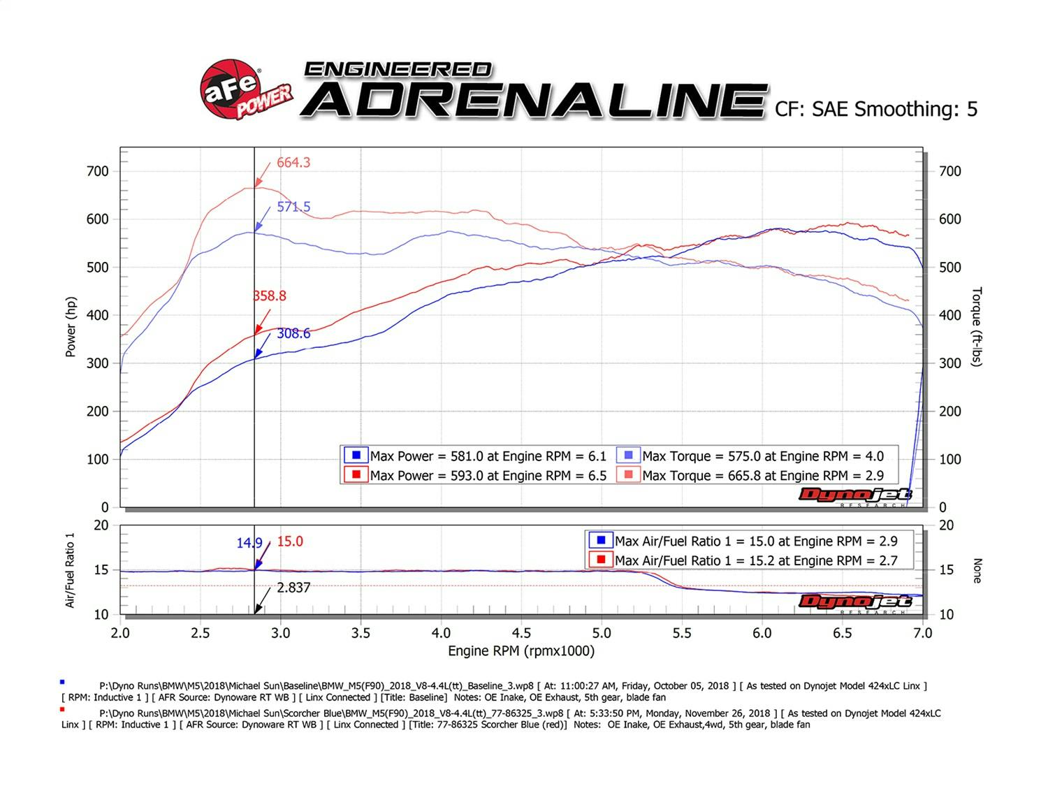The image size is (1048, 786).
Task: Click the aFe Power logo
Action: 245,91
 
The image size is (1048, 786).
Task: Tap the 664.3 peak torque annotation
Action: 293,163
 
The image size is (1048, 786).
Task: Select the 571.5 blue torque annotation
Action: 293,207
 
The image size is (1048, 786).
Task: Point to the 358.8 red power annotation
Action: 270,296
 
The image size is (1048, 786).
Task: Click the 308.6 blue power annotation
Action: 293,334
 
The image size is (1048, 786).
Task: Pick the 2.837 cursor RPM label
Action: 293,588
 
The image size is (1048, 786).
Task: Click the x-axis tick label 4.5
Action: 521,633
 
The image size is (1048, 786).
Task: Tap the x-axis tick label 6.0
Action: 762,633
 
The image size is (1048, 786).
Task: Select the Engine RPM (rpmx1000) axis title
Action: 521,651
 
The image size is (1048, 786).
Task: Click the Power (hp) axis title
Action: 71,327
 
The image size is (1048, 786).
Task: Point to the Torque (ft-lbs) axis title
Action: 977,327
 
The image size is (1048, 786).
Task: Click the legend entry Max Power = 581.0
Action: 488,456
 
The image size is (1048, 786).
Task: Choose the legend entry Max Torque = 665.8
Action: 762,476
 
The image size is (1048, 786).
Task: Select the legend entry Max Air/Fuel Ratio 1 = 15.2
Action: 755,560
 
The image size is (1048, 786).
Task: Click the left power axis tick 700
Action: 98,171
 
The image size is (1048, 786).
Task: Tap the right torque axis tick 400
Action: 950,315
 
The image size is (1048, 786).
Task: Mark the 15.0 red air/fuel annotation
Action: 290,542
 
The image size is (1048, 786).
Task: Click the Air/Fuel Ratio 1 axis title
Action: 71,570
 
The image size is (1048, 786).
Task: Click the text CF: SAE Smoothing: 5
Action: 876,109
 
